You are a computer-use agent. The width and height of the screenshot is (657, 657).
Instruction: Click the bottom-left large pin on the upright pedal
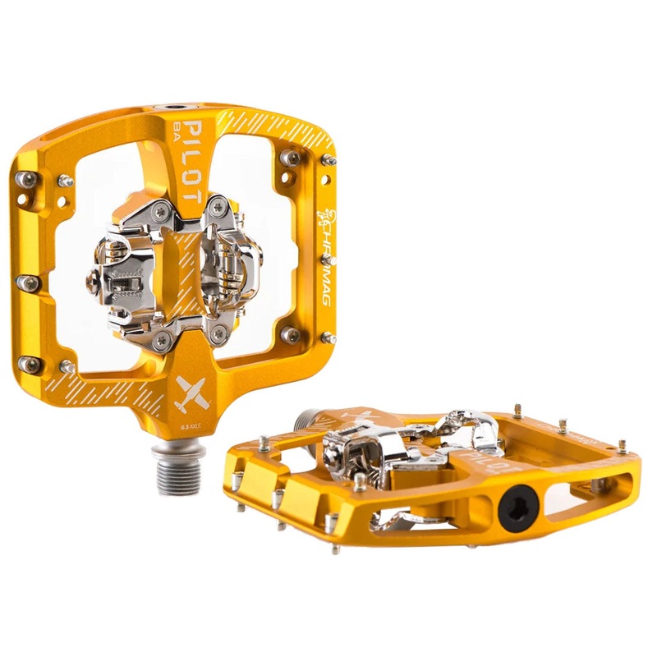(30, 364)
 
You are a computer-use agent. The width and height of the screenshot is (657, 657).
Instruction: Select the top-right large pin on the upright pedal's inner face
(290, 158)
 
